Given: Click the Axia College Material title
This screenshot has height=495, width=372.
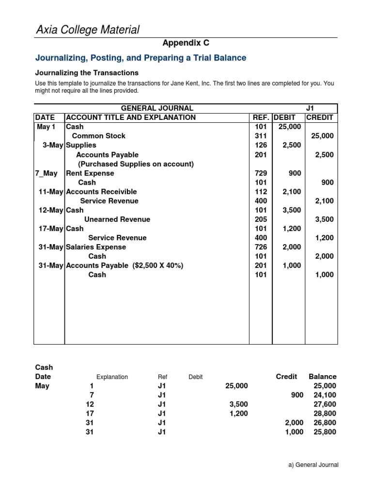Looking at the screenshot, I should pyautogui.click(x=88, y=30).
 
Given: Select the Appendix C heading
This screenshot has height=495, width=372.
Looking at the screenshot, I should pyautogui.click(x=186, y=43).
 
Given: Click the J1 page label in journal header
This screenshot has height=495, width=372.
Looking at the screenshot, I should pyautogui.click(x=310, y=108).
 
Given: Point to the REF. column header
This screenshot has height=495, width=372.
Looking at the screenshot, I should pyautogui.click(x=261, y=117).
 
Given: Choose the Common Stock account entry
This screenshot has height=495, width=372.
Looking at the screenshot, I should pyautogui.click(x=98, y=136).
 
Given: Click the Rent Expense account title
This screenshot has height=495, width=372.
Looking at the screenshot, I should pyautogui.click(x=90, y=173).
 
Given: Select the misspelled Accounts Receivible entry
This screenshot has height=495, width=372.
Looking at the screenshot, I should pyautogui.click(x=101, y=191).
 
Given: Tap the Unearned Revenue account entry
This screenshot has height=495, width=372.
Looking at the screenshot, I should pyautogui.click(x=117, y=219).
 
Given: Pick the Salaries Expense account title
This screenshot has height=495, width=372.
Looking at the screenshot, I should pyautogui.click(x=96, y=247).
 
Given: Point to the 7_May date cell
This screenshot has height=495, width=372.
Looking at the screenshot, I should pyautogui.click(x=46, y=173).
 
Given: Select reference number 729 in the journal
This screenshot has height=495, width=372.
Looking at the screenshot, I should pyautogui.click(x=261, y=173).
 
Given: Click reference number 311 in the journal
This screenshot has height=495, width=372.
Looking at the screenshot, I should pyautogui.click(x=261, y=136).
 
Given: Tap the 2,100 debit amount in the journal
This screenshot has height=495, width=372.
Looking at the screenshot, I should pyautogui.click(x=292, y=191).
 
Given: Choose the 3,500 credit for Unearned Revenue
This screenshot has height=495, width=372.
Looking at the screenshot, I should pyautogui.click(x=324, y=219).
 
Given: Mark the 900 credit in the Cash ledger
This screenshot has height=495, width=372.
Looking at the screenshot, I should pyautogui.click(x=297, y=395).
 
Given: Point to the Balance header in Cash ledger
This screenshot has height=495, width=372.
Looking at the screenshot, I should pyautogui.click(x=322, y=377).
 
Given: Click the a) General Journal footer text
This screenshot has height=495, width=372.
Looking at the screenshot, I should pyautogui.click(x=313, y=465).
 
